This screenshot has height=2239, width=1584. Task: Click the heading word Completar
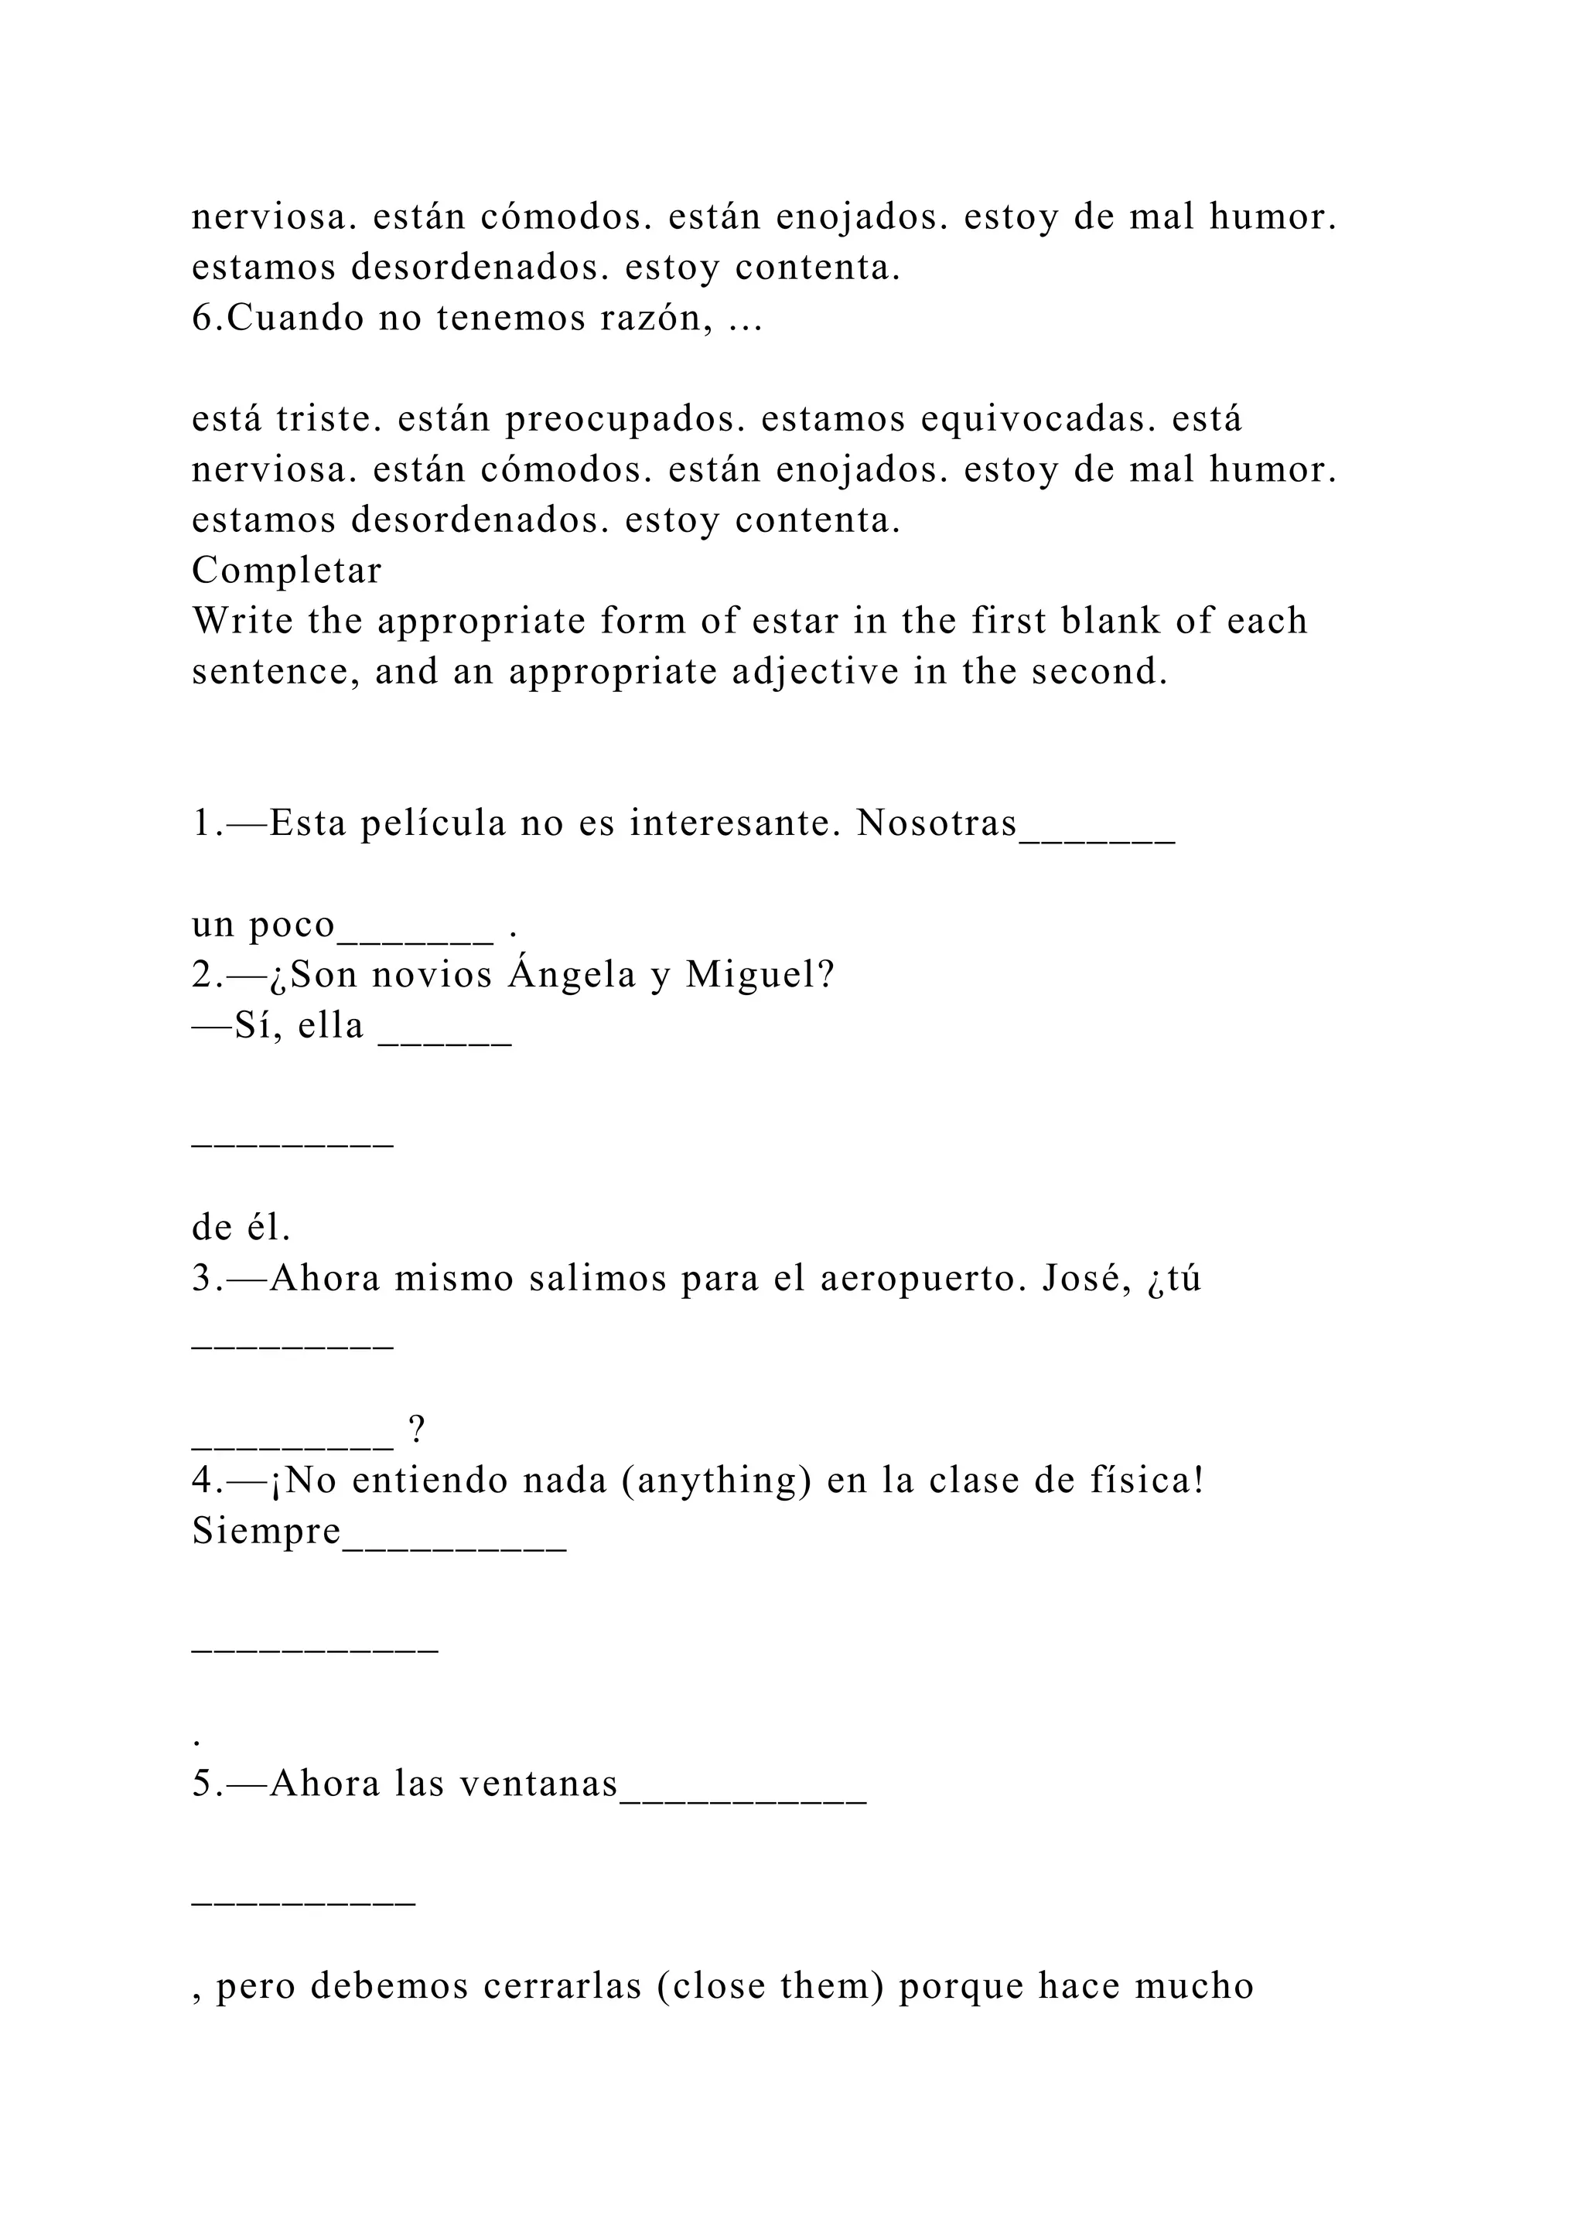287,571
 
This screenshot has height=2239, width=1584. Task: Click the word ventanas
538,1784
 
